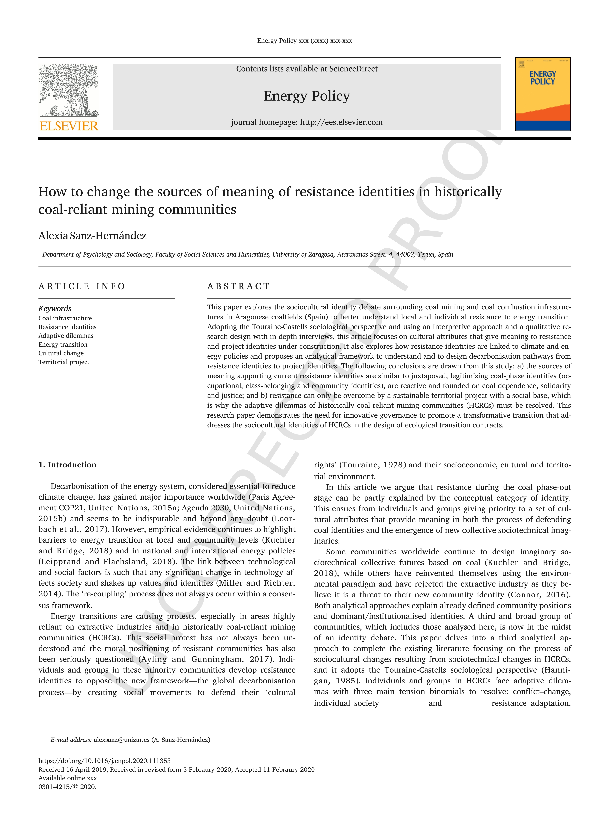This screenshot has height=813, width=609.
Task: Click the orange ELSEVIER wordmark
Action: point(69,126)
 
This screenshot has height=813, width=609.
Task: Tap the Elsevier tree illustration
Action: point(69,90)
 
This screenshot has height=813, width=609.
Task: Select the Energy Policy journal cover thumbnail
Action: point(542,94)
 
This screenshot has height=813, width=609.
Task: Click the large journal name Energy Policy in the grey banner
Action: point(307,96)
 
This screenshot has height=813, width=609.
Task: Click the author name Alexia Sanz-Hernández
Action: point(93,236)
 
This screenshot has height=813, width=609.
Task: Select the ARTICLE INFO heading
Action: point(82,286)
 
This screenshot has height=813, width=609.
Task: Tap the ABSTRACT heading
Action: point(238,286)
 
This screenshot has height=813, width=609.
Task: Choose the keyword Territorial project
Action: point(64,362)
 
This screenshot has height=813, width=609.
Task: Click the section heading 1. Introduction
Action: point(67,465)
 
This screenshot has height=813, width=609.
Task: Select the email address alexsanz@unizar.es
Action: point(121,740)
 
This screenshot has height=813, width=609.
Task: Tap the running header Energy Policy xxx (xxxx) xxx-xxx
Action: point(305,41)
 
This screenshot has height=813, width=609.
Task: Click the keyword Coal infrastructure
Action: point(65,318)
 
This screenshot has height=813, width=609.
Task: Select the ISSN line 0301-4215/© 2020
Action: point(67,787)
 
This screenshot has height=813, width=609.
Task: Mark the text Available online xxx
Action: point(68,778)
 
